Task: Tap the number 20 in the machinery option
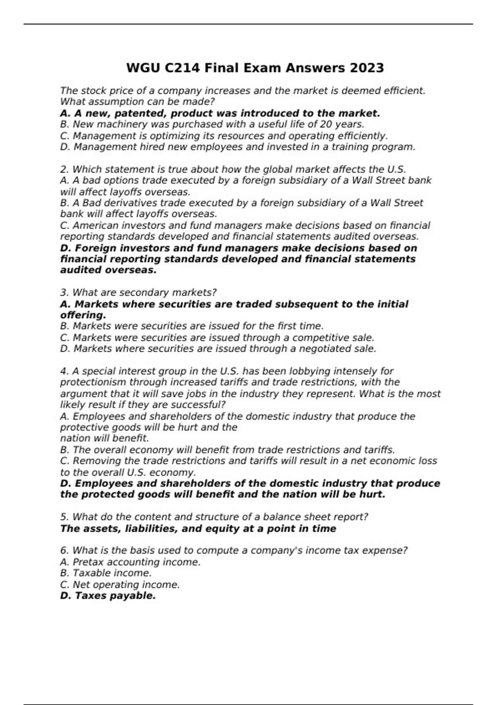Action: coord(326,124)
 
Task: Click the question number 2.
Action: coord(63,170)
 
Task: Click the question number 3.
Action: coord(63,293)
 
